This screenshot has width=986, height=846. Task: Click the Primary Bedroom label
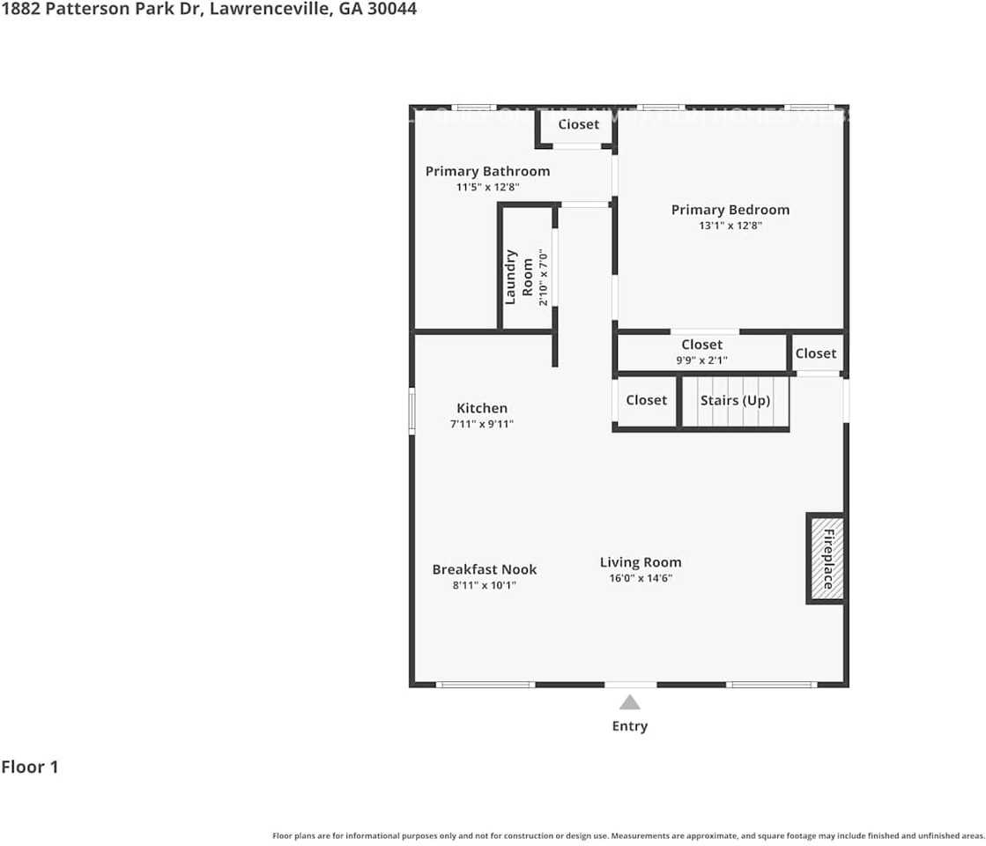(x=730, y=210)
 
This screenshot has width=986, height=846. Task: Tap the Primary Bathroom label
(x=487, y=172)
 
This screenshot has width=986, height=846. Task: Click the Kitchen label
(x=482, y=408)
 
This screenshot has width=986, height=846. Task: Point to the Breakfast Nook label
(x=484, y=569)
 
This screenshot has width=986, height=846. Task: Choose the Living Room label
(x=641, y=562)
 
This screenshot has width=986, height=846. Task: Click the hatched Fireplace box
(x=827, y=559)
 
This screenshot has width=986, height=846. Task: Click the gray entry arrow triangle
(x=629, y=702)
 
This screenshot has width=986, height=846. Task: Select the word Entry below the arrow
(x=629, y=726)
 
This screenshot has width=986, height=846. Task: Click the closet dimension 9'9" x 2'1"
(x=701, y=360)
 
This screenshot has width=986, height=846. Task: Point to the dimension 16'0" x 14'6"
(x=641, y=579)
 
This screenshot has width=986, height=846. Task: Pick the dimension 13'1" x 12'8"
(x=730, y=226)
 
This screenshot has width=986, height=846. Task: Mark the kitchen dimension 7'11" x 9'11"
(x=482, y=424)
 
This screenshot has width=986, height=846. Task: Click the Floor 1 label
(x=30, y=767)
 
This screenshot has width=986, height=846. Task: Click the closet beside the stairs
(x=646, y=400)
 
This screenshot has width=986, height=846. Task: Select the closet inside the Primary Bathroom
(x=578, y=125)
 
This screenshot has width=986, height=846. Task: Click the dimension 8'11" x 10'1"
(x=484, y=584)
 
